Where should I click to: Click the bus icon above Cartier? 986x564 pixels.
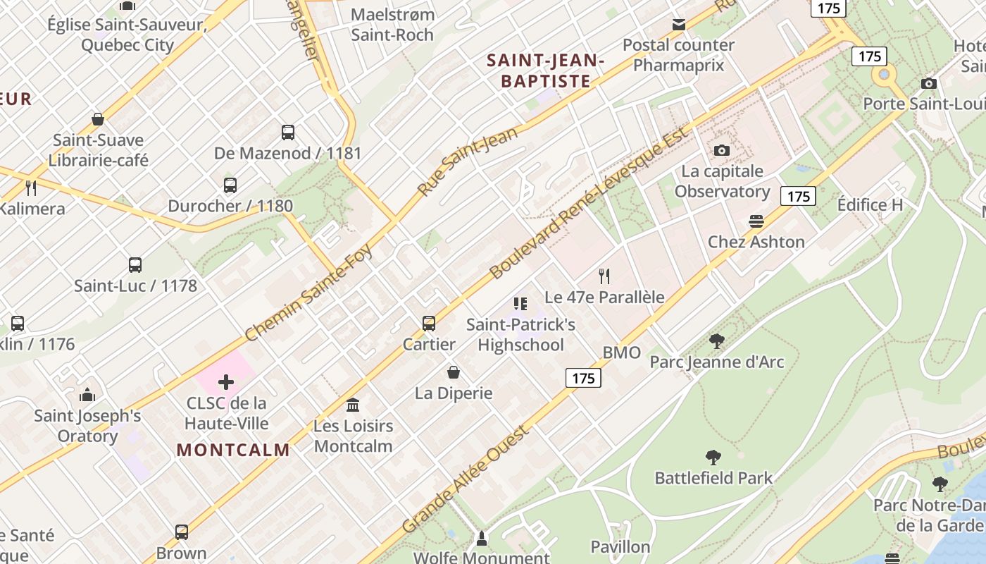pos(429,324)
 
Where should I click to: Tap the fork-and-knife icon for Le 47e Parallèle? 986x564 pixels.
pos(604,276)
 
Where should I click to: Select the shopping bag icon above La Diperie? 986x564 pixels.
pos(454,372)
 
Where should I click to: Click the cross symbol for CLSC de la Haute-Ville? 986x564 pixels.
pos(226,382)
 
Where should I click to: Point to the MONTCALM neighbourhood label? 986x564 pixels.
pos(233,450)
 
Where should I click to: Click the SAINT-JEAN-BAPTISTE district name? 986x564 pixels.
pos(546,71)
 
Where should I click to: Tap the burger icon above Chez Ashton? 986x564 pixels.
pos(756,221)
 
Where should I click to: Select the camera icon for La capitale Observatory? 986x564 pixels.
pos(722,150)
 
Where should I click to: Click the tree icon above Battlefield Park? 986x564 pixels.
pos(713,458)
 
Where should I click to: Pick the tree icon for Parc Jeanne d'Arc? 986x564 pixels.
pos(717,341)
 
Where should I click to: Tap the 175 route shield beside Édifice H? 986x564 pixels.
pos(798,196)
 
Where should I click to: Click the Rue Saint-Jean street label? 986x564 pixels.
pos(468,161)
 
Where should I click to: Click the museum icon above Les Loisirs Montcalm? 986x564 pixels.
pos(353,405)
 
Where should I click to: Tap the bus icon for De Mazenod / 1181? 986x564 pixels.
pos(288,132)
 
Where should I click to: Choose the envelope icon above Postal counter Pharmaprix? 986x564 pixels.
pos(679,25)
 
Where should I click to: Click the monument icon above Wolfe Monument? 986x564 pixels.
pos(482,539)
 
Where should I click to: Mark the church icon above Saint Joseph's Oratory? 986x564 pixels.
pos(87,395)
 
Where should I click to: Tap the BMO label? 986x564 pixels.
pos(622,352)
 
